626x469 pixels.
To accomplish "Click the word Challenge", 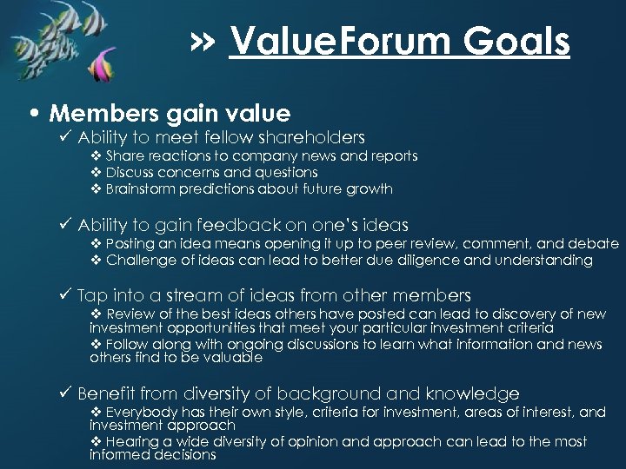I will click(x=139, y=260).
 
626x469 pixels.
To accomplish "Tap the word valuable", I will click(x=232, y=357).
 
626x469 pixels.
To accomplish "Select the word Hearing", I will click(x=132, y=441).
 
